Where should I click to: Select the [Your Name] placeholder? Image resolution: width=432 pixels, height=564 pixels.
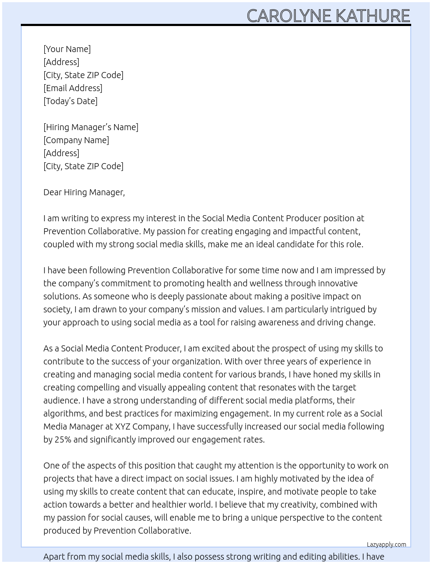[67, 49]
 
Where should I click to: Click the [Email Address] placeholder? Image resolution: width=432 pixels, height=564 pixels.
[73, 88]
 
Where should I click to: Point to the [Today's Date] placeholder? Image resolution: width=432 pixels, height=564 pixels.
[70, 101]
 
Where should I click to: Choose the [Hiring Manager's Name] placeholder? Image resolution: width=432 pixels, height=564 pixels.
[91, 127]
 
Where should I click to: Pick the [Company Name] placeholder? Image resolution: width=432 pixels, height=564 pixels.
[76, 140]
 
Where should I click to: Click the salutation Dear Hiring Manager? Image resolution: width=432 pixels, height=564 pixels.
[84, 192]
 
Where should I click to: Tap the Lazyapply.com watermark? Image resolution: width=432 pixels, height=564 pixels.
[386, 544]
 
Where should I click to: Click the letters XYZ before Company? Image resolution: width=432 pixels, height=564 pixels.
[122, 426]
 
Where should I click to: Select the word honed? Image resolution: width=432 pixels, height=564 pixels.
[324, 374]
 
